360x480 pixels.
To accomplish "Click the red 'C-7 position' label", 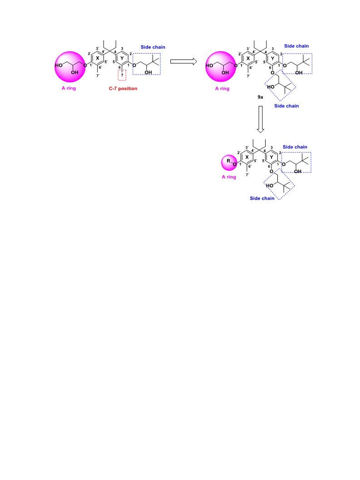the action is pyautogui.click(x=123, y=89).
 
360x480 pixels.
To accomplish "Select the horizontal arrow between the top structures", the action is pyautogui.click(x=183, y=61).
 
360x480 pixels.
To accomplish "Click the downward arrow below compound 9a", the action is pyautogui.click(x=261, y=119).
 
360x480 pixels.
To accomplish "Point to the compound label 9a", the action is pyautogui.click(x=260, y=97).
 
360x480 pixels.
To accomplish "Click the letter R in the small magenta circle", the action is pyautogui.click(x=228, y=161).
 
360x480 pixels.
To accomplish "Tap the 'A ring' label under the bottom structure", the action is pyautogui.click(x=229, y=177).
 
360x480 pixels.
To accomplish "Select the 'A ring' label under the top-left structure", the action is pyautogui.click(x=69, y=88).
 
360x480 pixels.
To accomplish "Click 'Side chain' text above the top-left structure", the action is pyautogui.click(x=153, y=47).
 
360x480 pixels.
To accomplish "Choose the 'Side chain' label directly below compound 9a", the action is pyautogui.click(x=286, y=106).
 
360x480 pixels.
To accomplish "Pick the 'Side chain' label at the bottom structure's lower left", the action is pyautogui.click(x=262, y=198).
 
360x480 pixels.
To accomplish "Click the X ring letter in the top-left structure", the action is pyautogui.click(x=98, y=58).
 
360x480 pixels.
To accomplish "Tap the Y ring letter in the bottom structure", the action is pyautogui.click(x=271, y=157).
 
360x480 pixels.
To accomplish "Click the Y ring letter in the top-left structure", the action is pyautogui.click(x=122, y=58).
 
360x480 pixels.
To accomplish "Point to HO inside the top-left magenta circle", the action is pyautogui.click(x=59, y=65).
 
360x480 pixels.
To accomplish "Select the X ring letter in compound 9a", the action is pyautogui.click(x=248, y=58).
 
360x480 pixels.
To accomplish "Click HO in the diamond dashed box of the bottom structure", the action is pyautogui.click(x=270, y=186).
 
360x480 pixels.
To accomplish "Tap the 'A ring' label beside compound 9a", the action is pyautogui.click(x=222, y=89).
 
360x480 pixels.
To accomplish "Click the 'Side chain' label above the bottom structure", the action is pyautogui.click(x=295, y=147).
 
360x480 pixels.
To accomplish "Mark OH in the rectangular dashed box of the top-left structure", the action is pyautogui.click(x=148, y=73).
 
